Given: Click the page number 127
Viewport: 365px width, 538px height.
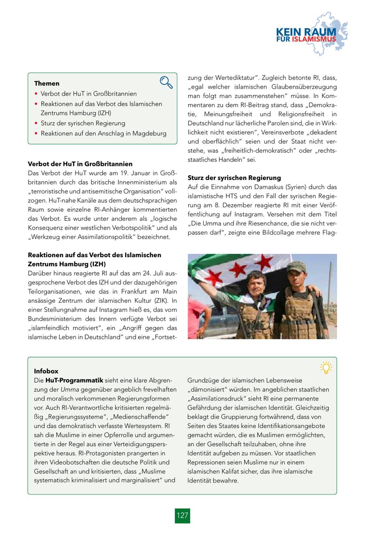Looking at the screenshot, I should tap(182, 515).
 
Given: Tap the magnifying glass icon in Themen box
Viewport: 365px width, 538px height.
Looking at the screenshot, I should tap(166, 82).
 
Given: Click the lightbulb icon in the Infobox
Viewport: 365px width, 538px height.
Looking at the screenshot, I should tap(326, 367).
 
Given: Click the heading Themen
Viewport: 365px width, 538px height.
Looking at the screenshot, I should tap(47, 83).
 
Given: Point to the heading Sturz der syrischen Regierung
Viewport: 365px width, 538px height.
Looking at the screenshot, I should tap(234, 178).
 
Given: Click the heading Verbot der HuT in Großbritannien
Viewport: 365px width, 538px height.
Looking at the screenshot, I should tap(80, 164).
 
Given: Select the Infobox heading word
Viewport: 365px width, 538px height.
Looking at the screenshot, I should tap(46, 371).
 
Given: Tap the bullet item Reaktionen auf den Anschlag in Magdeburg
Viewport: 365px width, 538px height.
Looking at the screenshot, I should tap(103, 133).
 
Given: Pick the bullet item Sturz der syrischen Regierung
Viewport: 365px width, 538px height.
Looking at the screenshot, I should tap(83, 123).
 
